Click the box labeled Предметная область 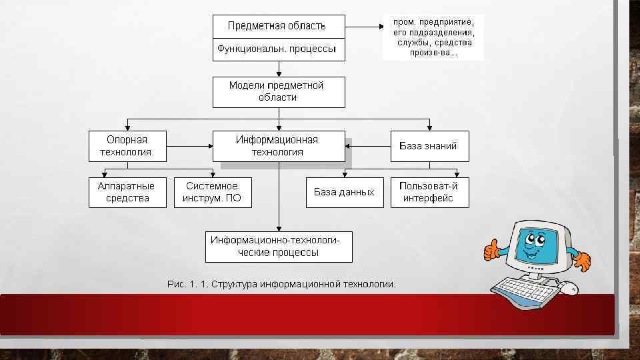pyautogui.click(x=278, y=27)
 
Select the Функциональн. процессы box pyautogui.click(x=278, y=49)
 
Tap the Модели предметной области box pyautogui.click(x=278, y=92)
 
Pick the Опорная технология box pyautogui.click(x=127, y=145)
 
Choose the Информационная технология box pyautogui.click(x=278, y=145)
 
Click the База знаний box pyautogui.click(x=429, y=145)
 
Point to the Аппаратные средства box pyautogui.click(x=127, y=192)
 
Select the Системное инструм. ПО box pyautogui.click(x=213, y=192)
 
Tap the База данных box pyautogui.click(x=345, y=192)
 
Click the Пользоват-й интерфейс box pyautogui.click(x=429, y=192)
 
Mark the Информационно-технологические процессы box pyautogui.click(x=278, y=246)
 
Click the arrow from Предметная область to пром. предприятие pyautogui.click(x=363, y=27)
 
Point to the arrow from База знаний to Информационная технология pyautogui.click(x=369, y=145)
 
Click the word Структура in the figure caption pyautogui.click(x=234, y=285)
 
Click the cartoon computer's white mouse pyautogui.click(x=568, y=287)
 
